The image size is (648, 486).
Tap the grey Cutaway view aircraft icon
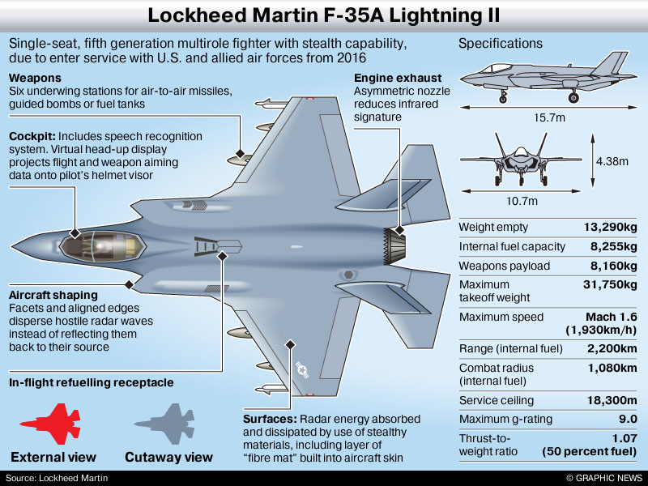coord(167,426)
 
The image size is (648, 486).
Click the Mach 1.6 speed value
coord(611,317)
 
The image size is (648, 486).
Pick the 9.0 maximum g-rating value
coord(626,419)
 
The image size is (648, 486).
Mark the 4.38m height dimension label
coord(612,161)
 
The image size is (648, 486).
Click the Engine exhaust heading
coord(398,78)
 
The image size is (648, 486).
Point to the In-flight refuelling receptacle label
coord(92,382)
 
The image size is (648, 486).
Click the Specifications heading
coord(501,44)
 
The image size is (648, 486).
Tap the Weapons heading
coord(34,78)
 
